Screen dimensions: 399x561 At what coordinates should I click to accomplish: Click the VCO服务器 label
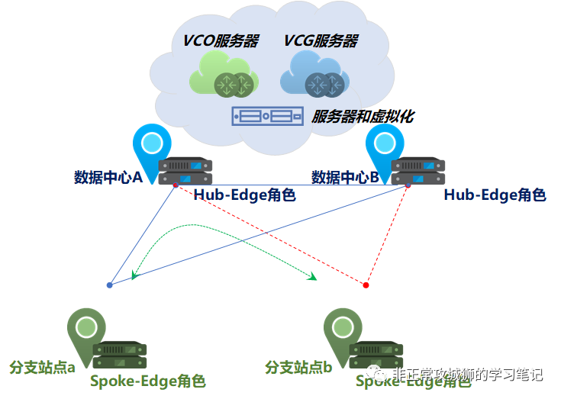coord(220,40)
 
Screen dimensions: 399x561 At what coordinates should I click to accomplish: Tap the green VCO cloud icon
coord(221,81)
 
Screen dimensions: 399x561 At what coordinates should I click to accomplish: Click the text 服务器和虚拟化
coord(363,117)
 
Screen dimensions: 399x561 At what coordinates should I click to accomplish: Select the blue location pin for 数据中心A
coord(151,148)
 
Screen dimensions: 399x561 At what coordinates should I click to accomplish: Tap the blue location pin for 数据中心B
coord(385,148)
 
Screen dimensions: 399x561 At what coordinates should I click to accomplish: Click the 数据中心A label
coord(108,178)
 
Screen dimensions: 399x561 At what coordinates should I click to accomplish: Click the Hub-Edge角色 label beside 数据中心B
coord(495,195)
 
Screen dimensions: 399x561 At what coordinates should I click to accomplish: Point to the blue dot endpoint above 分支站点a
coord(110,285)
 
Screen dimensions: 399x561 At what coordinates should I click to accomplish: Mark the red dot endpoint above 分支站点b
coord(366,285)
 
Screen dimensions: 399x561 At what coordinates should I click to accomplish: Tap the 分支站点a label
coord(42,367)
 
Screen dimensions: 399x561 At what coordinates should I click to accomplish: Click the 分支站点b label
coord(298,367)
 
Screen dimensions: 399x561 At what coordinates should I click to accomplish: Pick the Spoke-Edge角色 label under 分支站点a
coord(148,381)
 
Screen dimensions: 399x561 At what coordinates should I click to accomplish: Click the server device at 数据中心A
coord(185,171)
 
